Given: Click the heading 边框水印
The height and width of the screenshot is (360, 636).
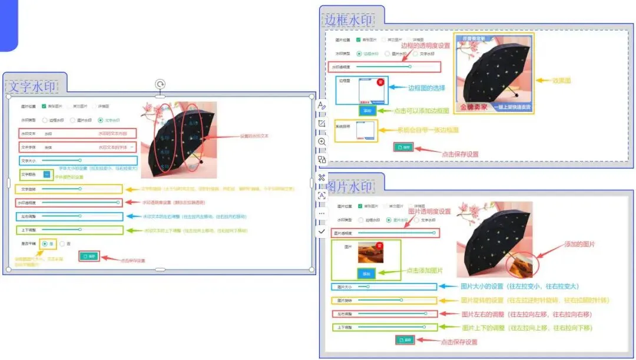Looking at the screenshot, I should coord(349,20).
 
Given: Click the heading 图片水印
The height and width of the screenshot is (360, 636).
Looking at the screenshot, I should coord(349,187).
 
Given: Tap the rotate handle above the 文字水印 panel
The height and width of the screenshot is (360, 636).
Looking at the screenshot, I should coord(160,84).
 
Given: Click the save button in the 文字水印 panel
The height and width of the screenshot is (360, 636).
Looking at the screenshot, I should coord(90,256).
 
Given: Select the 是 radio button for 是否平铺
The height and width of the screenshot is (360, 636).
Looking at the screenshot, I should coord(45,243).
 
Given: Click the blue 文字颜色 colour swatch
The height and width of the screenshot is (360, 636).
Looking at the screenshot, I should coord(47,174).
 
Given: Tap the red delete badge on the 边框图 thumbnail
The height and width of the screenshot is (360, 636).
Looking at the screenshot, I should coord(380,82).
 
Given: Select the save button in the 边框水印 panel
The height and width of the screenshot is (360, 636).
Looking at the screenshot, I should coord(403,147).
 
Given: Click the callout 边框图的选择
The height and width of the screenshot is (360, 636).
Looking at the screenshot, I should coord(426,87).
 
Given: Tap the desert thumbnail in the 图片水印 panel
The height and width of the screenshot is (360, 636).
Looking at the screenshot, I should coord(370,253).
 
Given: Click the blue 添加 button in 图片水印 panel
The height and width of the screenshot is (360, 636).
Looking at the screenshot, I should coord(366,273).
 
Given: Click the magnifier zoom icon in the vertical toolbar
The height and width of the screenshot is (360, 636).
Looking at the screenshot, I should coord(322,142).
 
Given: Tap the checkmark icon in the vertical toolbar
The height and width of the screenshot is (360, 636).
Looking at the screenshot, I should coord(322,232).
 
